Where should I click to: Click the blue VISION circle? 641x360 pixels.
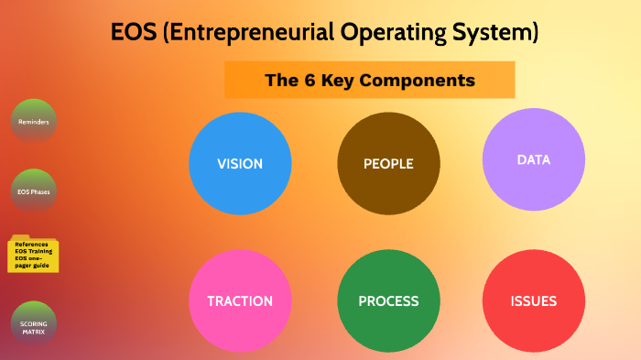tap(240, 164)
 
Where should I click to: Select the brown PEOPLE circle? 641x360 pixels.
tap(388, 164)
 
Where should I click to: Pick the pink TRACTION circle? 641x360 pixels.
tap(240, 301)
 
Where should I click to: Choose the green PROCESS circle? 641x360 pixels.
tap(388, 301)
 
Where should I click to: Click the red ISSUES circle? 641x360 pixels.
tap(533, 301)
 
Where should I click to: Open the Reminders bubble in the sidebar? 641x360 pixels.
tap(34, 121)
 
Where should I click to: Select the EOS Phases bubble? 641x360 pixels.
tap(34, 191)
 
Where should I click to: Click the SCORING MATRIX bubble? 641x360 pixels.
tap(34, 324)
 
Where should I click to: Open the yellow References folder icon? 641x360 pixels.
tap(34, 254)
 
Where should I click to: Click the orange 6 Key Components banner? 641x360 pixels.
tap(370, 81)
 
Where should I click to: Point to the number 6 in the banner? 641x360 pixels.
tap(308, 81)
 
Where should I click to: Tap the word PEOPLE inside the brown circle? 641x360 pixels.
tap(388, 164)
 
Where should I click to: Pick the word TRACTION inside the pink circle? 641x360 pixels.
tap(240, 301)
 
